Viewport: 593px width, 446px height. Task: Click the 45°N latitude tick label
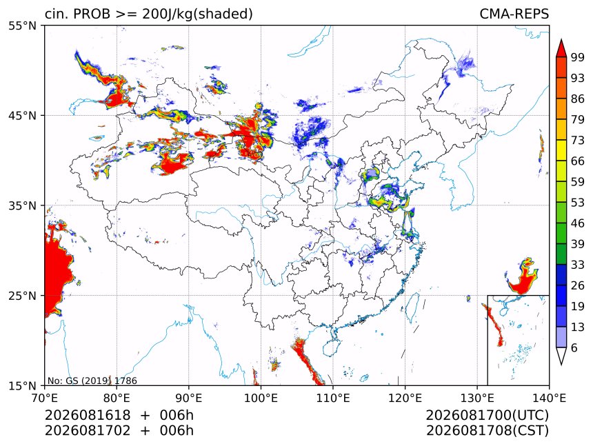tap(22, 115)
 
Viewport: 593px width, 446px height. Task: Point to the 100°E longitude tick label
tap(261, 398)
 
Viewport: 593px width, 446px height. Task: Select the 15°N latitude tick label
tap(22, 386)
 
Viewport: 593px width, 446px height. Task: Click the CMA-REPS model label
tap(514, 14)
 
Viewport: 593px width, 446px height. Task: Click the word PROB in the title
tap(92, 14)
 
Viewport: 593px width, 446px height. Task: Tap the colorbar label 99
tap(578, 57)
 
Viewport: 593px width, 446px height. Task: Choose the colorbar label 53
tap(578, 203)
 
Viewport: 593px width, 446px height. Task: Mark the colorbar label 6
tap(574, 347)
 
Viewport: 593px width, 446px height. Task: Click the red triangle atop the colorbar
tap(561, 48)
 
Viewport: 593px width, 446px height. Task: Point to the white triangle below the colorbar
tap(561, 356)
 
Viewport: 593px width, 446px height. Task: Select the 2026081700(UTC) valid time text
tap(487, 415)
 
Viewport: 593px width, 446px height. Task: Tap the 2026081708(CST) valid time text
tap(487, 431)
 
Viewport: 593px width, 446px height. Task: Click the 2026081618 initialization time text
tap(88, 415)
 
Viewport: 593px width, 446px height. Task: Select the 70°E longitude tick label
tap(45, 398)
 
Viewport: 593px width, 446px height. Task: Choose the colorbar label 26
tap(578, 285)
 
